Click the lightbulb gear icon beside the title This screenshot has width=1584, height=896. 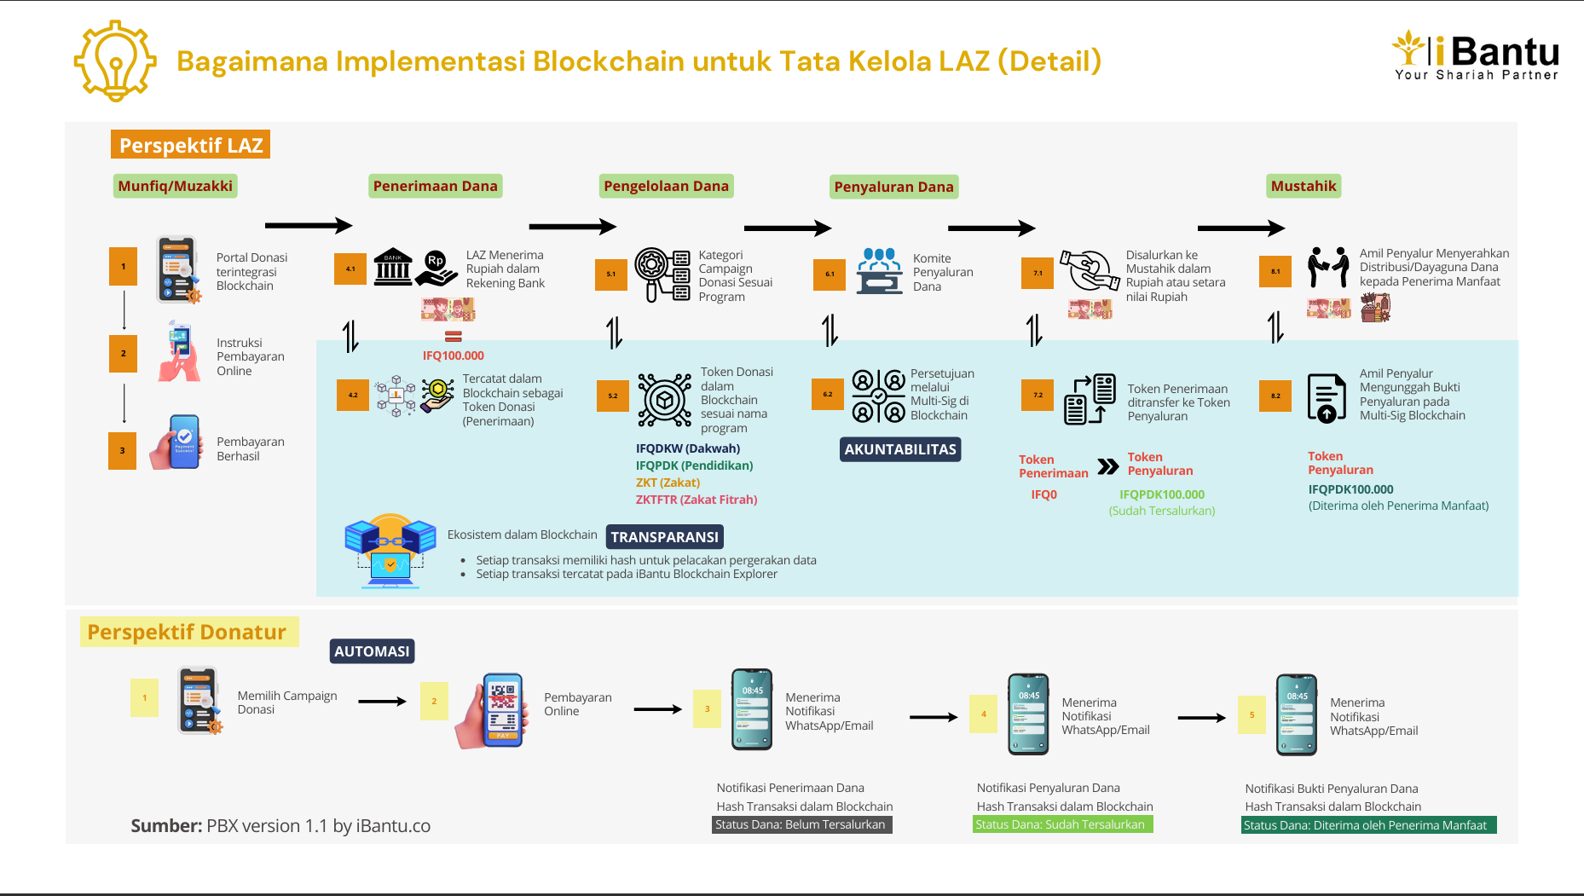point(115,61)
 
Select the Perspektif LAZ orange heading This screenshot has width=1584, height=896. point(190,145)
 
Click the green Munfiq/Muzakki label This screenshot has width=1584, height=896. point(175,186)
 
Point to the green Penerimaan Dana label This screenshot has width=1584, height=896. point(435,186)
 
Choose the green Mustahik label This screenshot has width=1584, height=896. point(1304,186)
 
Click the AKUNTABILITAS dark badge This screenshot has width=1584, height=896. point(900,449)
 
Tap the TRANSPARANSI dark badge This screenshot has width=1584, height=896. point(664,537)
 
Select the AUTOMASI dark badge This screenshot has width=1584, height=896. point(372,651)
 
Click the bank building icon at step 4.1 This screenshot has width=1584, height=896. point(393,268)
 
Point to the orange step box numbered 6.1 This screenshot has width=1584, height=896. point(830,274)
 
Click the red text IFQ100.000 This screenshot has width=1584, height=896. point(453,356)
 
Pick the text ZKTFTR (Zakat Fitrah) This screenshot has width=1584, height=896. point(696,500)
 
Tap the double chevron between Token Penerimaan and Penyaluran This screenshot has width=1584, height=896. point(1107,466)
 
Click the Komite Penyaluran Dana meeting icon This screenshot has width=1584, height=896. point(879,271)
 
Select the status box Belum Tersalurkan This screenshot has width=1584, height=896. point(801,824)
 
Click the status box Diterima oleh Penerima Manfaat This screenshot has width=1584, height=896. point(1367,825)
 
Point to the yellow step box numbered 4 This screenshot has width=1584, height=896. point(983,714)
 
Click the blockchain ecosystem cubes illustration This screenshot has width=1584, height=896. point(390,551)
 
